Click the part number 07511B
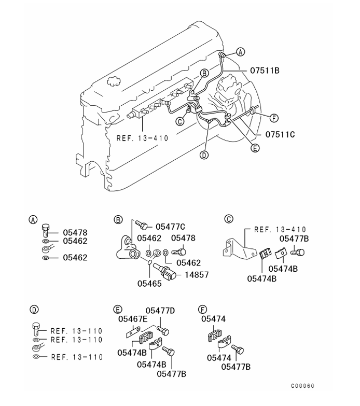pos(265,71)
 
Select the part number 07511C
pos(280,134)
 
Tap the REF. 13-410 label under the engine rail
pos(143,138)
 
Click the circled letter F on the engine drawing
pos(274,118)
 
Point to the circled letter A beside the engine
pos(241,52)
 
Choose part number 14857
pos(197,274)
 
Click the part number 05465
pos(149,284)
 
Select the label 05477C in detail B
pos(171,227)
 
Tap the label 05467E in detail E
pos(133,319)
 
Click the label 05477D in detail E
pos(160,311)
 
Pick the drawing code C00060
pos(302,386)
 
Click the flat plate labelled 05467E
pos(133,332)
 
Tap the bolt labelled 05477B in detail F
pos(238,349)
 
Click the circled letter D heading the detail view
pos(34,310)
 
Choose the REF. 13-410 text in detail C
pos(280,230)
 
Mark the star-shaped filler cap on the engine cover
pos(113,81)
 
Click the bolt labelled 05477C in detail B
pos(141,226)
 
